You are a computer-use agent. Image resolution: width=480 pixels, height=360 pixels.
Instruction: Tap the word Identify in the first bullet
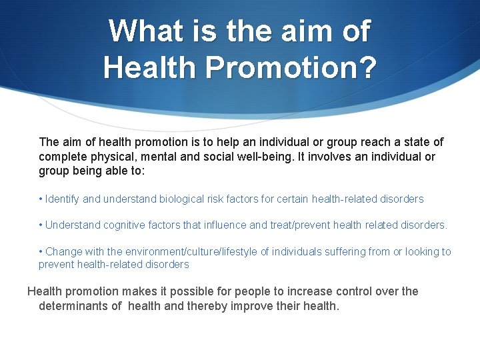pyautogui.click(x=63, y=199)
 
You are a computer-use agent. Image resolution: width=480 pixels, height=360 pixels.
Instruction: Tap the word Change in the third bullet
pyautogui.click(x=63, y=251)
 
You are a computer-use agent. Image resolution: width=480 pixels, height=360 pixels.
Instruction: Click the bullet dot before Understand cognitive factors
pyautogui.click(x=41, y=225)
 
